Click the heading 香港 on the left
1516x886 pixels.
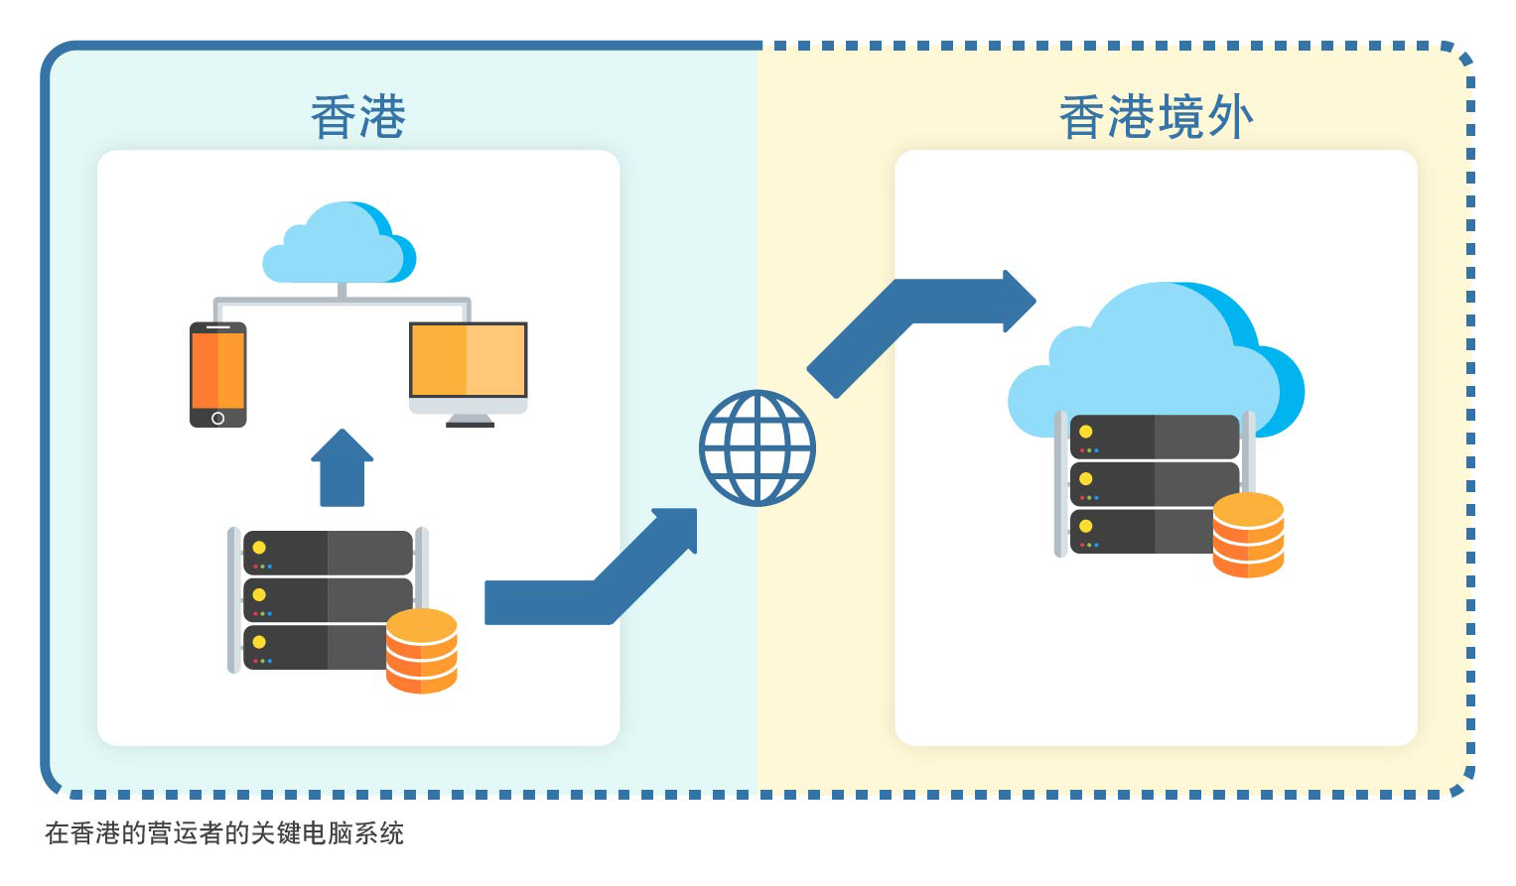click(357, 117)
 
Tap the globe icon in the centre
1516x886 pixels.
click(757, 447)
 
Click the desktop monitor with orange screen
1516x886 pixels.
click(468, 361)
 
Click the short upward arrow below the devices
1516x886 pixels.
click(342, 468)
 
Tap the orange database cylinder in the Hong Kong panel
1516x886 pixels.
click(421, 650)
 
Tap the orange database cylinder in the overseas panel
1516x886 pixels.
click(1248, 535)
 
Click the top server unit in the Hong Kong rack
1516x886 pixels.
click(327, 553)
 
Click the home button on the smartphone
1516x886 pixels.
click(217, 418)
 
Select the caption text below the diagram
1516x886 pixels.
click(224, 833)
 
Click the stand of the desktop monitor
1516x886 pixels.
click(470, 420)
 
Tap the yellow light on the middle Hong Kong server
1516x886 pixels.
click(259, 595)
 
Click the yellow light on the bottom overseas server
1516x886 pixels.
click(1085, 526)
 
